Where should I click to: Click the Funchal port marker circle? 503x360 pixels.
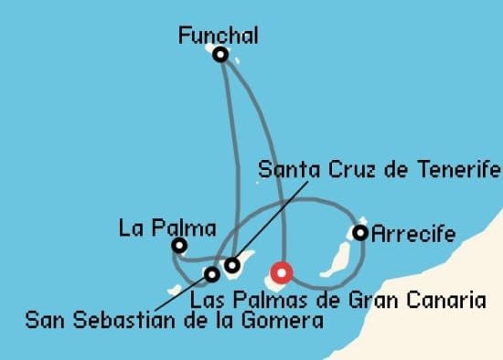pos(220,55)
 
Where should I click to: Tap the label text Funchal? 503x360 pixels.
pos(219,36)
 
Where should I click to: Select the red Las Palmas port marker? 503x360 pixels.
pos(281,271)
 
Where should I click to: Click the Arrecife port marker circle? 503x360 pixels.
pos(360,233)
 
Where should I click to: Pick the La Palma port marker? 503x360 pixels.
pos(179,245)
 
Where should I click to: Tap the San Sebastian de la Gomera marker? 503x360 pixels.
pos(212,273)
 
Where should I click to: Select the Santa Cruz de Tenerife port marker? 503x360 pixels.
pos(232,266)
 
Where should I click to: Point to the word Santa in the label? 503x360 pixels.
pos(284,170)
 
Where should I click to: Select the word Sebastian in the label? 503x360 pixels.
pos(131,321)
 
